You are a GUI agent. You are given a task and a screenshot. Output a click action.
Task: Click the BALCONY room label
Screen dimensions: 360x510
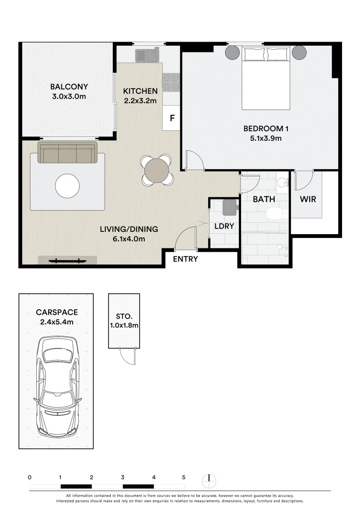(x=69, y=87)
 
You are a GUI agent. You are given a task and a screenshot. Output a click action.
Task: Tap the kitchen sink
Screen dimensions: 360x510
(x=148, y=55)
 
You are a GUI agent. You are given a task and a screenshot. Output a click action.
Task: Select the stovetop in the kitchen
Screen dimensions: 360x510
(x=171, y=82)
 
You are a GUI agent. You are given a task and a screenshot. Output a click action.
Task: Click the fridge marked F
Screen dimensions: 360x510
(x=171, y=118)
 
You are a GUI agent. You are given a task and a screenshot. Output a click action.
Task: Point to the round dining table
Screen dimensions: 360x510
(x=157, y=170)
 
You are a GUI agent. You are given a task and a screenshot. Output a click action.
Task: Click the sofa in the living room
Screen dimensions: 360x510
(x=67, y=152)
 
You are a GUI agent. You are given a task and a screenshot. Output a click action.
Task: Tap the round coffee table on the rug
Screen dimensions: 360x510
(x=67, y=186)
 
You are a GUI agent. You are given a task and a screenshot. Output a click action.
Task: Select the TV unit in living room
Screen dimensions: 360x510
(x=67, y=260)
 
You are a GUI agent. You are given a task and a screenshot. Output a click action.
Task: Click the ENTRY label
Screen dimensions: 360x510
(x=185, y=259)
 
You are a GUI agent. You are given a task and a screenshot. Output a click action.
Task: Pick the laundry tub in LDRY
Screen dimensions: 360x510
(x=230, y=207)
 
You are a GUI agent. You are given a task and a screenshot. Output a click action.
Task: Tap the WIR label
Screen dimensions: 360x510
(x=308, y=199)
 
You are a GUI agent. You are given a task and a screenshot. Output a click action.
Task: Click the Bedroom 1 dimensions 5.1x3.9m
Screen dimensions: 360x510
(x=266, y=138)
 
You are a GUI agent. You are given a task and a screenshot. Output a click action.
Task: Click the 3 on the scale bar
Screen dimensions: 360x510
(x=123, y=477)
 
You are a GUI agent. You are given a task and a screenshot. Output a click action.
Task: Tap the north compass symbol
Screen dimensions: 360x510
(x=209, y=481)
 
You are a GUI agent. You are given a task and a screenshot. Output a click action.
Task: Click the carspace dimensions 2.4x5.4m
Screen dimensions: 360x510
(x=57, y=322)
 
